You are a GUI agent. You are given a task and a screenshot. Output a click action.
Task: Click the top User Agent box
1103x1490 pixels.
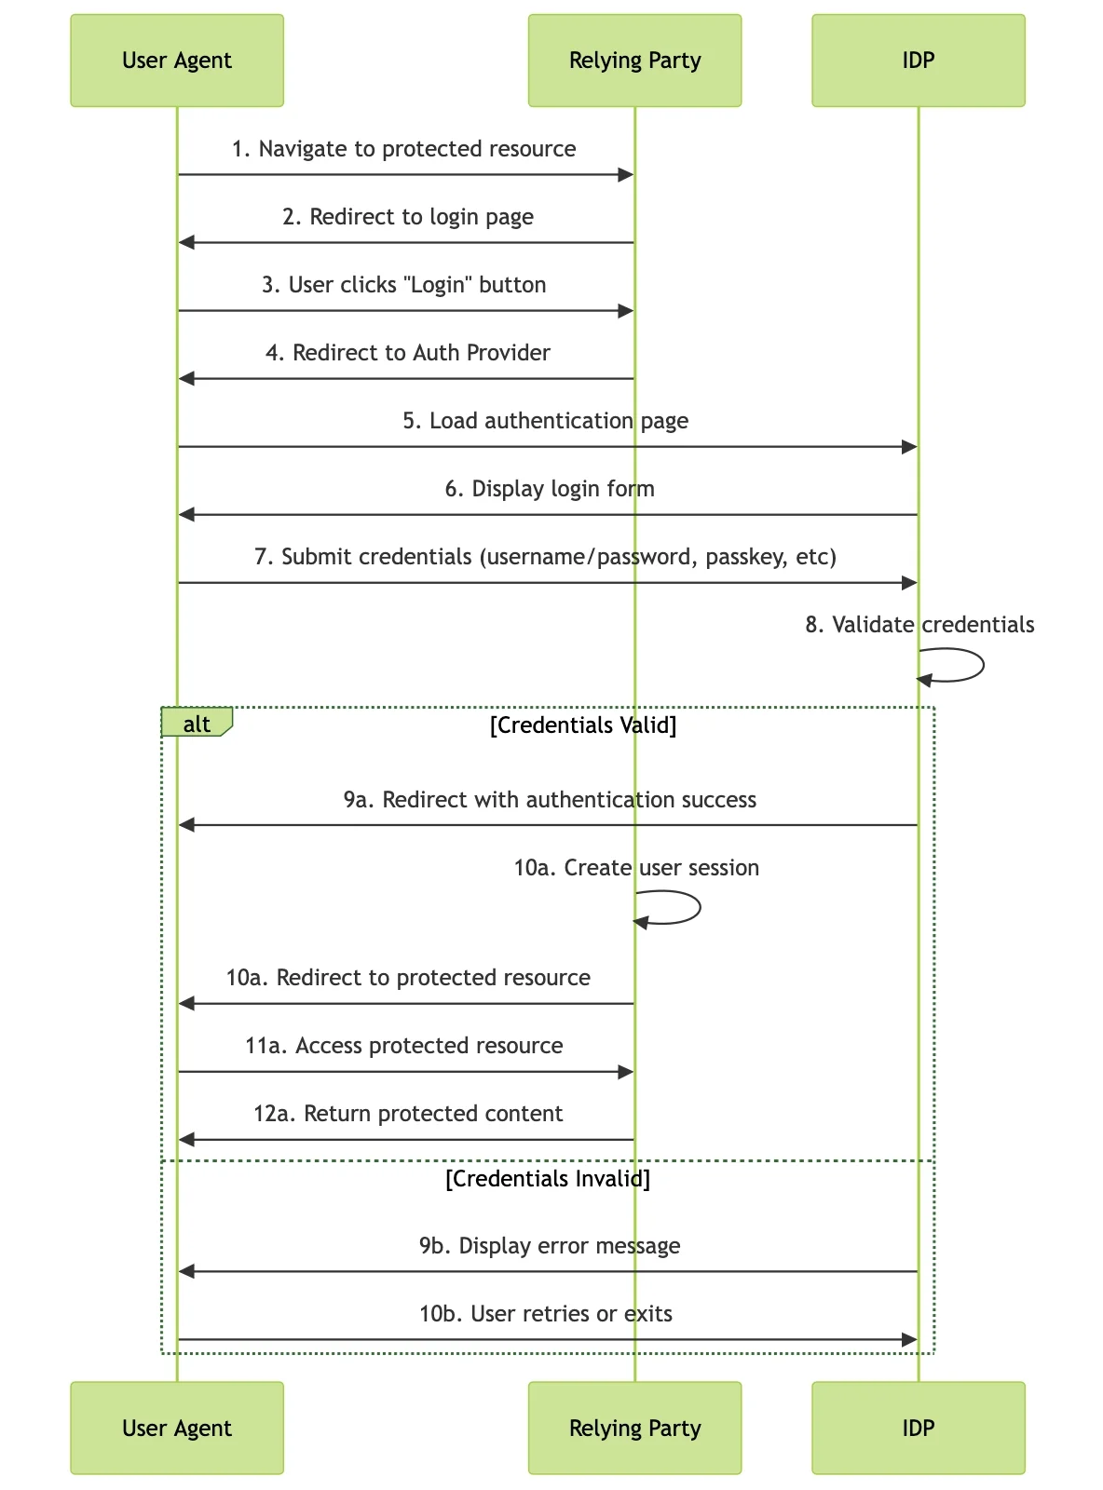click(x=177, y=61)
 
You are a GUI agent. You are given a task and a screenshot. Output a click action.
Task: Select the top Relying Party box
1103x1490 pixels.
click(x=634, y=61)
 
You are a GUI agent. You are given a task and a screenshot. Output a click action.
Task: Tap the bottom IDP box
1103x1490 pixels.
click(x=919, y=1428)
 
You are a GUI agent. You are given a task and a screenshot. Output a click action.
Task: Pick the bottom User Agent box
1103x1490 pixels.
click(x=177, y=1428)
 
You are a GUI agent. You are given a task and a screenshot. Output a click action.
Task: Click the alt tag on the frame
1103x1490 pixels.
click(x=197, y=723)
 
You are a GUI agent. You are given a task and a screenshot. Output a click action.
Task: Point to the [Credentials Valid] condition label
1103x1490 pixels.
click(x=583, y=725)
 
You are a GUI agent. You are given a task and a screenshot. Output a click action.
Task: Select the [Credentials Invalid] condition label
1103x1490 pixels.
click(x=548, y=1178)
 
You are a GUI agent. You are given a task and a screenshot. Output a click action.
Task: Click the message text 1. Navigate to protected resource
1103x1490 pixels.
click(x=404, y=148)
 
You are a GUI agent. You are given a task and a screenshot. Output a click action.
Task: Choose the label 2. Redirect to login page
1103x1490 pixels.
click(x=408, y=217)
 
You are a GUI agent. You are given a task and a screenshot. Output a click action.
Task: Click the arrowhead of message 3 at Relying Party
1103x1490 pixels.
click(x=626, y=311)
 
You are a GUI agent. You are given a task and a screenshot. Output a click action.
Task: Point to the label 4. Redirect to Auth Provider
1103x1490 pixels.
click(x=408, y=353)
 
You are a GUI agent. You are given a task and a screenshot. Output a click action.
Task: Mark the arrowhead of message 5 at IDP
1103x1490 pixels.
click(x=909, y=447)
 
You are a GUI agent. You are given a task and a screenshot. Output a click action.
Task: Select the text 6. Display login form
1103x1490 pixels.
click(x=550, y=488)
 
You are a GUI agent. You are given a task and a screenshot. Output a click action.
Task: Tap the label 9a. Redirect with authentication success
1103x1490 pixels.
click(x=550, y=799)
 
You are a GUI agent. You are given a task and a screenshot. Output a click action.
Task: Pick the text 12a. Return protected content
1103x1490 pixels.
click(x=408, y=1113)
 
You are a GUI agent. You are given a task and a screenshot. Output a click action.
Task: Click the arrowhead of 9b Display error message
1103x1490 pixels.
click(x=187, y=1271)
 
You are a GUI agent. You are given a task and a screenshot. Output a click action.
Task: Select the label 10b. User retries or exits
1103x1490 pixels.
click(x=546, y=1313)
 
